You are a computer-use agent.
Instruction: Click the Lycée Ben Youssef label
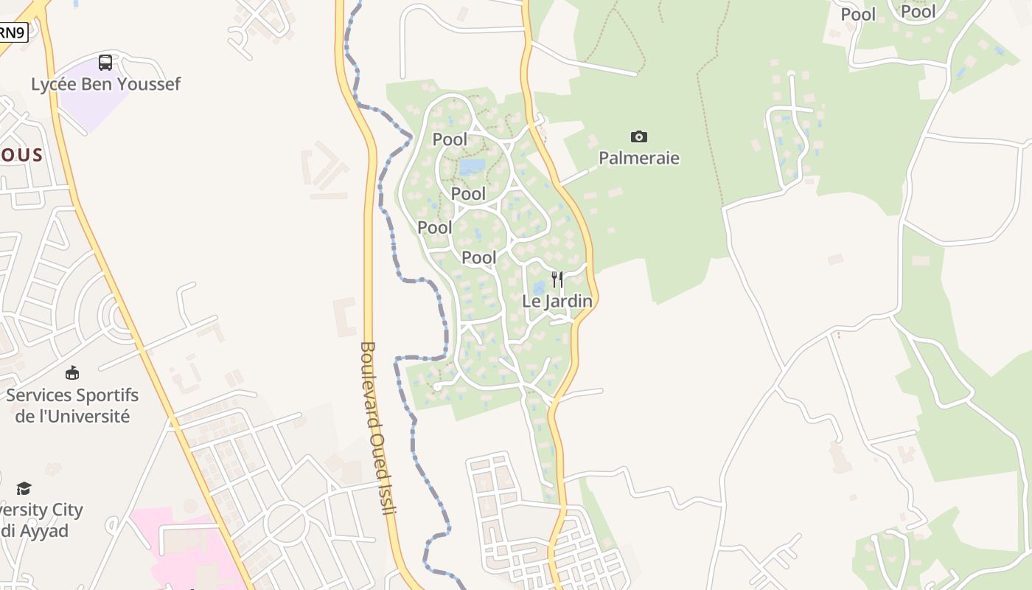click(x=105, y=84)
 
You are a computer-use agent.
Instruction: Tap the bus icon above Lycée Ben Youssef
click(x=105, y=63)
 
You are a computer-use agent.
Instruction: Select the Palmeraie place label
click(x=639, y=158)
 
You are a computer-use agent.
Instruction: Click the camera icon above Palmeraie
click(x=639, y=136)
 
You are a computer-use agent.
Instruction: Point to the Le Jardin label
click(x=557, y=301)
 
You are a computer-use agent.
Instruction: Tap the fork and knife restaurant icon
click(x=557, y=280)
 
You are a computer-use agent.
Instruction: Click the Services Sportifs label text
click(x=72, y=395)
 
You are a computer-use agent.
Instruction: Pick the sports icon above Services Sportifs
click(x=72, y=373)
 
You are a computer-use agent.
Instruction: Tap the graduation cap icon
click(x=24, y=488)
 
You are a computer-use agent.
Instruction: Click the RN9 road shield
click(x=12, y=32)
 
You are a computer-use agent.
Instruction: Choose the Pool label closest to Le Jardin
click(x=479, y=257)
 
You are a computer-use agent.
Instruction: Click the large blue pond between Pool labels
click(x=473, y=167)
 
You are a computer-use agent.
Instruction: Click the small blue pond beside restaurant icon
click(x=539, y=288)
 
